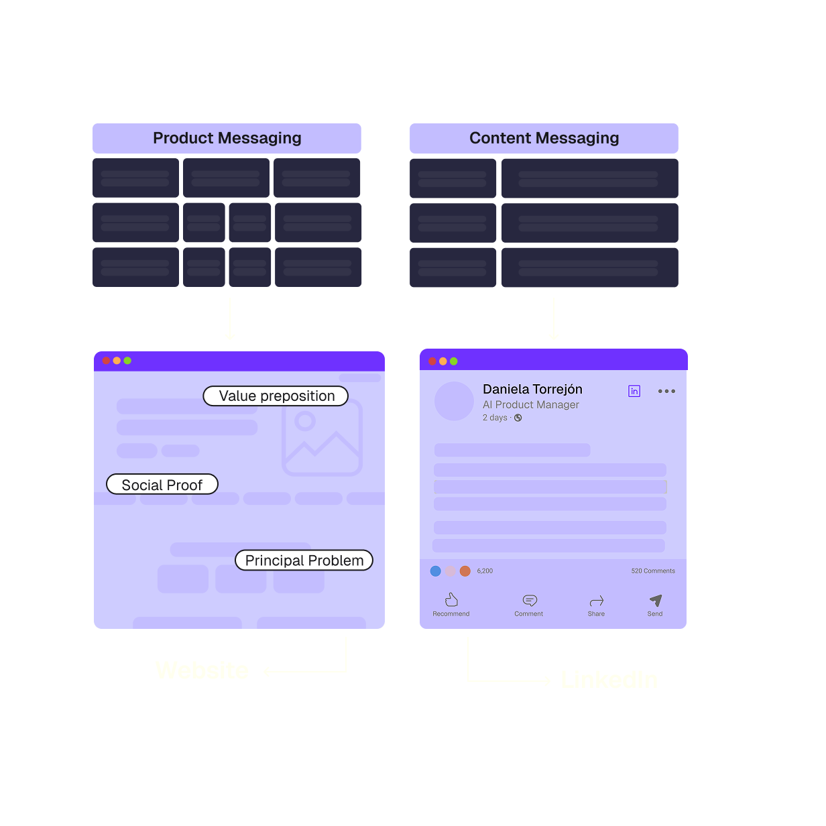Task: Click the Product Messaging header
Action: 227,138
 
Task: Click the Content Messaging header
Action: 544,138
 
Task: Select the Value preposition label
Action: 276,396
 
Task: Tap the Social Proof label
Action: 162,485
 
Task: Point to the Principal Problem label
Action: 304,560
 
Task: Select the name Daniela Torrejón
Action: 532,390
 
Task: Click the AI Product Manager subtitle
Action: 530,405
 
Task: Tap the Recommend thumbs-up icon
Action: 451,599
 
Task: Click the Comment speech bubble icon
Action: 530,600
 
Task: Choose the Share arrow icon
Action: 596,601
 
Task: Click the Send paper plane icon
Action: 656,600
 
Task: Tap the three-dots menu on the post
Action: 666,391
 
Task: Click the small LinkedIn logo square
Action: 634,391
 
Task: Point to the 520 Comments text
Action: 652,571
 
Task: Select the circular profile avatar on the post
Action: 454,402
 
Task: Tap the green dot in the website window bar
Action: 127,361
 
